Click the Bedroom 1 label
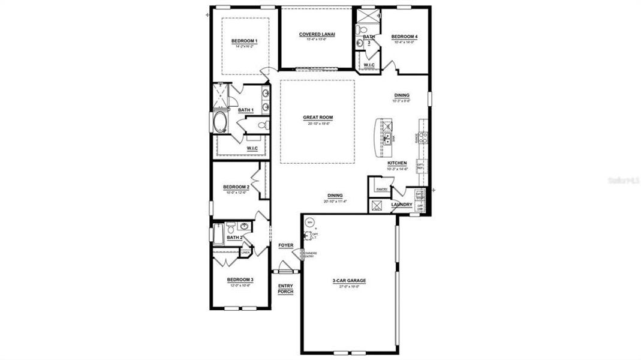pyautogui.click(x=244, y=41)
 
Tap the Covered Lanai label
pyautogui.click(x=317, y=34)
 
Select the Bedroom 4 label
pyautogui.click(x=404, y=37)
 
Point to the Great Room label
pyautogui.click(x=318, y=118)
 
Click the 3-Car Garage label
pyautogui.click(x=349, y=281)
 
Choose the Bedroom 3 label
pyautogui.click(x=240, y=280)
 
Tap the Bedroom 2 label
pyautogui.click(x=236, y=187)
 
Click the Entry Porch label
pyautogui.click(x=285, y=289)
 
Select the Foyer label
pyautogui.click(x=286, y=245)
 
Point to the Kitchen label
pyautogui.click(x=397, y=163)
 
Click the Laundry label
pyautogui.click(x=402, y=205)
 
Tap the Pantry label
pyautogui.click(x=381, y=190)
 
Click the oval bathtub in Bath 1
pyautogui.click(x=219, y=122)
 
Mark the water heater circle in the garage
pyautogui.click(x=310, y=223)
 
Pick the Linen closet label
pyautogui.click(x=245, y=253)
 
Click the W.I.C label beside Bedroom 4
pyautogui.click(x=369, y=65)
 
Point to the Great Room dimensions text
pyautogui.click(x=318, y=124)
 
